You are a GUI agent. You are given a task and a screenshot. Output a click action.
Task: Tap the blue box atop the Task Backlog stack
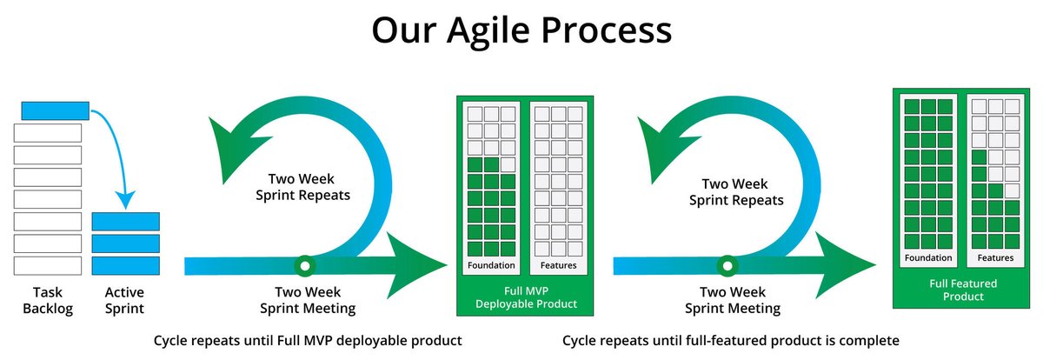[55, 110]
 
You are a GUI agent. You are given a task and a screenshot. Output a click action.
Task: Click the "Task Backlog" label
[49, 300]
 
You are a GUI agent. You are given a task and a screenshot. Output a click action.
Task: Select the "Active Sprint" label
[124, 300]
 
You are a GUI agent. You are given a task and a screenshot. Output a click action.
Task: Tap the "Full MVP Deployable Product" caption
[524, 297]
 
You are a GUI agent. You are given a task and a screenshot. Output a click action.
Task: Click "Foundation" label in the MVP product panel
[491, 265]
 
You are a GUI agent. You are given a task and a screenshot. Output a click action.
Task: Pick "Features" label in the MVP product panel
[558, 265]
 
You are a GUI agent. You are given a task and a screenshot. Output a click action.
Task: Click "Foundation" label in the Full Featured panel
[927, 258]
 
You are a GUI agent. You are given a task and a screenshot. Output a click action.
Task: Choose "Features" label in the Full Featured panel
[995, 258]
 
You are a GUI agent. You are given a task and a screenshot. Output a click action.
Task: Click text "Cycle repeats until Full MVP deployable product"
[308, 340]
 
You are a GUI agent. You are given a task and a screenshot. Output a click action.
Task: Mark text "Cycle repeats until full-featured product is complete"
[730, 340]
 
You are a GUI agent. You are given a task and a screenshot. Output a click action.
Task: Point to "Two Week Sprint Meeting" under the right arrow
[733, 300]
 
